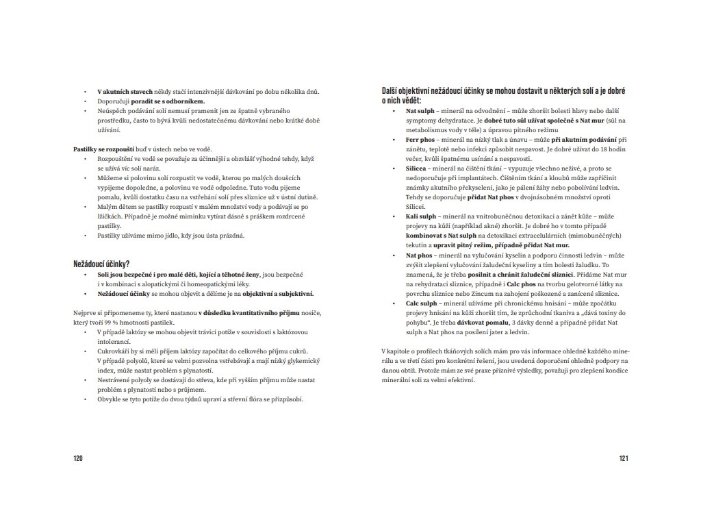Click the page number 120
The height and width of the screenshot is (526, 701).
77,459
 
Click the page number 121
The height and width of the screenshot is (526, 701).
623,459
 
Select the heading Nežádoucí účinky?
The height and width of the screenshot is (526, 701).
101,264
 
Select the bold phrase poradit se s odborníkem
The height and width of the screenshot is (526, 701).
168,101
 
